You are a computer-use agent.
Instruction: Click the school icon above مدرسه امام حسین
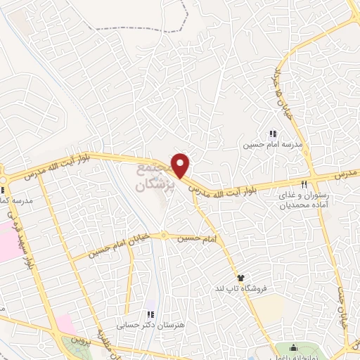[273, 134]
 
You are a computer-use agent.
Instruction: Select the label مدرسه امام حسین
[262, 146]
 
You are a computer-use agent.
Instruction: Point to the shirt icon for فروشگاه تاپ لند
[240, 278]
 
